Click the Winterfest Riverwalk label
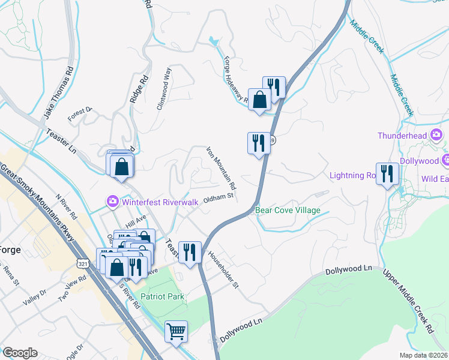(160, 202)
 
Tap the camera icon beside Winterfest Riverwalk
(112, 202)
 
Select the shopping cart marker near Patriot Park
(176, 332)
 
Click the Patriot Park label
(162, 296)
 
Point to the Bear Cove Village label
(288, 211)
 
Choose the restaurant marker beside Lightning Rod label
(387, 175)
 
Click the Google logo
(20, 353)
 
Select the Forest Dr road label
(80, 114)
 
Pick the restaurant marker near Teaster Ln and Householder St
(190, 252)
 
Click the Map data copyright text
(423, 355)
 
